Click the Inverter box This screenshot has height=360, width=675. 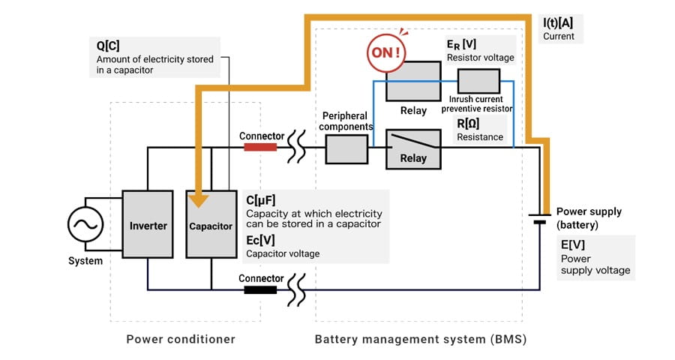[148, 225]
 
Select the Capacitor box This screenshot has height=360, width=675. [211, 225]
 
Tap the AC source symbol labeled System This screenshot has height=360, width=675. [86, 224]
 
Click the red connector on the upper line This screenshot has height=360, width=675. [260, 148]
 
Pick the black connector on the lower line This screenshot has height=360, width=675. [260, 289]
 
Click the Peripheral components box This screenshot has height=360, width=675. [346, 150]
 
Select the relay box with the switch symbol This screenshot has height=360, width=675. [412, 148]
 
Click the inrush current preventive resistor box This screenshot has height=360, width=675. [478, 80]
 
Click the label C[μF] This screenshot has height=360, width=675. [261, 200]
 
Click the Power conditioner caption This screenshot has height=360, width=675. [180, 339]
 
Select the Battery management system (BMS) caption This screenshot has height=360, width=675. [420, 339]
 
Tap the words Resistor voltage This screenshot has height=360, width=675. [481, 57]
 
